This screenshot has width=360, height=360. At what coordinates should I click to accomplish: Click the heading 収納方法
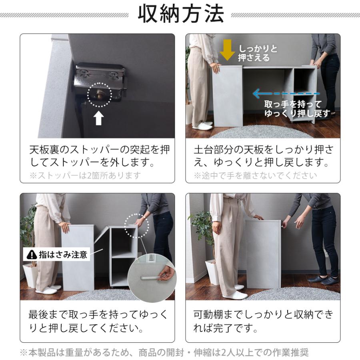[x=180, y=15]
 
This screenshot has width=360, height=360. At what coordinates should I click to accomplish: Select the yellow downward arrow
[x=227, y=50]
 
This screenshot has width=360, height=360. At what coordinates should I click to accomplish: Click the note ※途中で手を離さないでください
[x=255, y=176]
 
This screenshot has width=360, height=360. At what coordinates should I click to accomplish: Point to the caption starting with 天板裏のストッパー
[x=99, y=156]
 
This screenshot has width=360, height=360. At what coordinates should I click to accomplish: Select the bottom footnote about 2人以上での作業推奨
[x=164, y=352]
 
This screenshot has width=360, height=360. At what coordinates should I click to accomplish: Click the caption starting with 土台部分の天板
[x=263, y=156]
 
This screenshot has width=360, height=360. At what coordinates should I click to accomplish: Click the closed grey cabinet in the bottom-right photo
[x=263, y=254]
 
